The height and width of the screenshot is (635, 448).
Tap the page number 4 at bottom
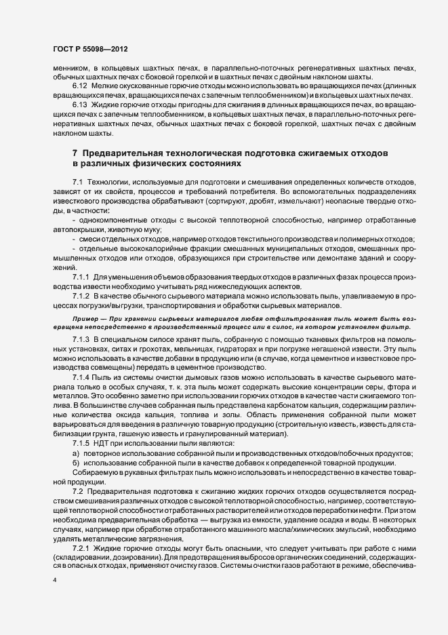[x=55, y=581]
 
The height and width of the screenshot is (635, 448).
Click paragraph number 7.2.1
[x=81, y=547]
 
